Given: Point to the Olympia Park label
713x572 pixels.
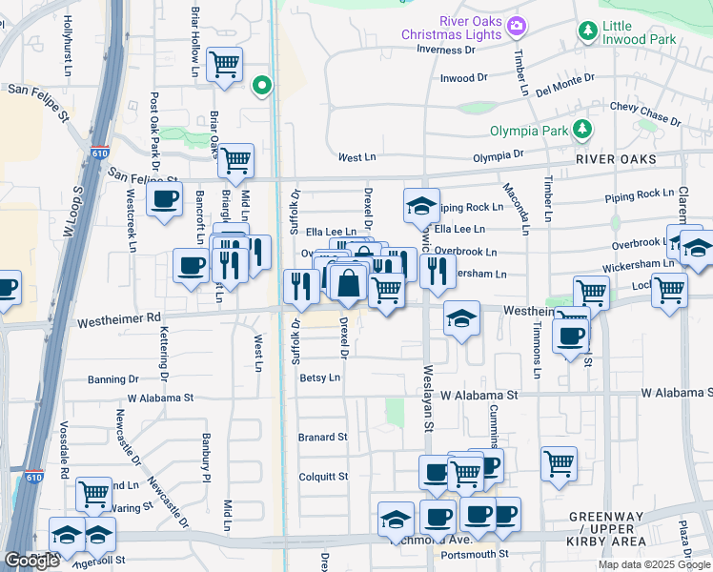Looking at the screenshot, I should click(x=528, y=131).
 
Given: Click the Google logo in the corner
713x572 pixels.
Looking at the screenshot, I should click(x=31, y=561).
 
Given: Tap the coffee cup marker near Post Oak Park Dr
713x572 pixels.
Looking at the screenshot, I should click(x=165, y=199).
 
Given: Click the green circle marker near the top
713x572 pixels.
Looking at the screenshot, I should click(x=262, y=87).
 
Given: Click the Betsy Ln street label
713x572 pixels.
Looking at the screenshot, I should click(x=319, y=378).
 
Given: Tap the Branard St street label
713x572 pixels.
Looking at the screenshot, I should click(x=322, y=437).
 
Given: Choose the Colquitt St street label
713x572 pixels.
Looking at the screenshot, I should click(x=322, y=477).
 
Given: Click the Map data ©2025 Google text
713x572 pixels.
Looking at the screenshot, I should click(x=653, y=564).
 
